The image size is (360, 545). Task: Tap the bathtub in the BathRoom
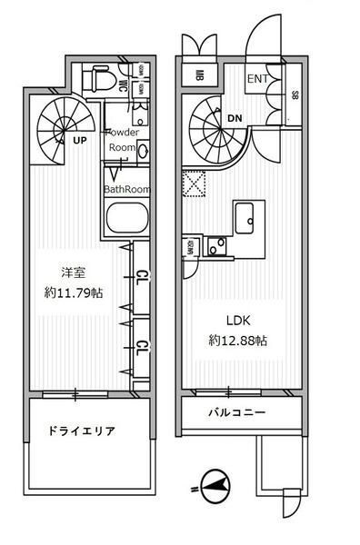click(x=127, y=220)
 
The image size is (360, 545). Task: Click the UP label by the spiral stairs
click(x=80, y=141)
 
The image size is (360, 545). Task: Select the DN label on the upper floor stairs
click(x=234, y=116)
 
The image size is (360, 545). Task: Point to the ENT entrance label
click(x=258, y=79)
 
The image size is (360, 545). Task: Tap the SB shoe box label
click(x=295, y=94)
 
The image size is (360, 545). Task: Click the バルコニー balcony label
click(x=235, y=413)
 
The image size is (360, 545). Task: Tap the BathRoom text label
click(x=126, y=189)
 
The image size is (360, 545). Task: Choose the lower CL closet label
click(x=143, y=346)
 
